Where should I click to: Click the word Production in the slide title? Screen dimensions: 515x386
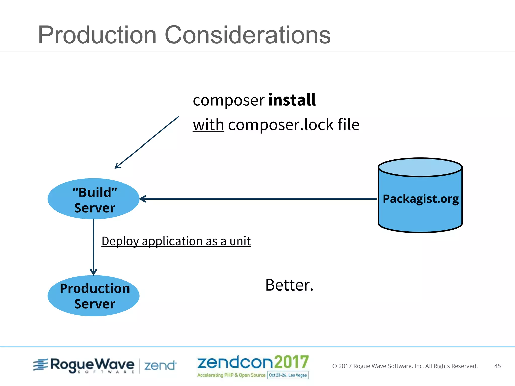tap(98, 35)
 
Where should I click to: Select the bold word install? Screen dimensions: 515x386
tap(292, 100)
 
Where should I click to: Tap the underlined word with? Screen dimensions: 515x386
tap(208, 125)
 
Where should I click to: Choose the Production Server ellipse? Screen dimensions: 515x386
tap(94, 296)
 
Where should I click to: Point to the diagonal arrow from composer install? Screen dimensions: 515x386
tap(147, 142)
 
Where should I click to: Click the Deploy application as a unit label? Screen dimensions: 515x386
tap(176, 241)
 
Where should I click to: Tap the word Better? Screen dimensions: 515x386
tap(289, 285)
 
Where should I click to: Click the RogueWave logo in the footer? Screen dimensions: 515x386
tap(84, 365)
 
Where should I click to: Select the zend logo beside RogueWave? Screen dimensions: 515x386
tap(160, 366)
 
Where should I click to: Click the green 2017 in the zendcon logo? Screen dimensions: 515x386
tap(291, 362)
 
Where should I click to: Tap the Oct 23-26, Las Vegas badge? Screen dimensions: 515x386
tap(288, 375)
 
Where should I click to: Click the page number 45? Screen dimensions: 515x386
tap(497, 366)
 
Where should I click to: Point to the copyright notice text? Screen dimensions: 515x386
tap(405, 366)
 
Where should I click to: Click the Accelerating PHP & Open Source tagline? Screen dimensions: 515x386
tap(231, 375)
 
